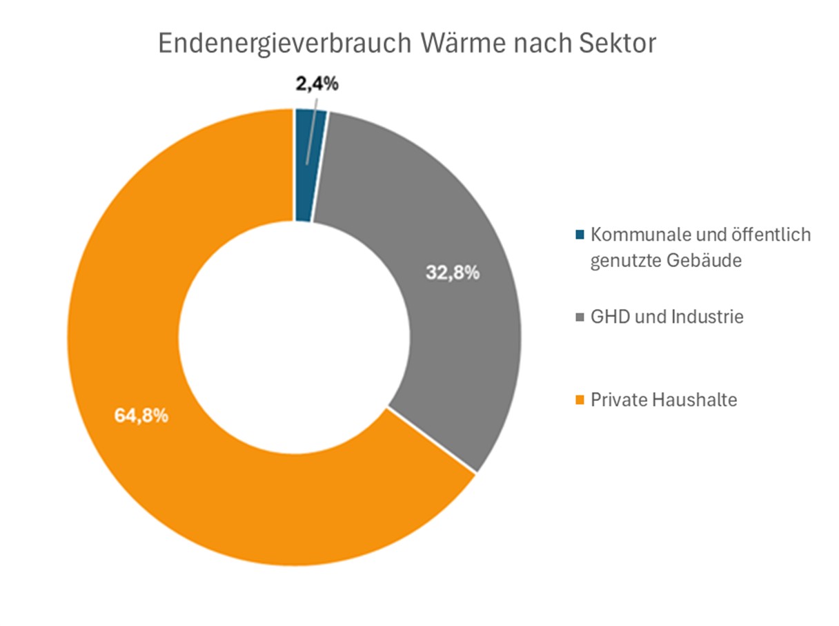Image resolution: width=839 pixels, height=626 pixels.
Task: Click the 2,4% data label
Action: point(317,85)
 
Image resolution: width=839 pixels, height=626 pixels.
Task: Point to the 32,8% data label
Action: point(452,273)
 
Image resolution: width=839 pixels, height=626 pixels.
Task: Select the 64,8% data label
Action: point(141,417)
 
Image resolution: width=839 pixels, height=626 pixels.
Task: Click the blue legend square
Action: point(579,235)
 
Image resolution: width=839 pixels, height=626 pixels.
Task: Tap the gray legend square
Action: point(579,317)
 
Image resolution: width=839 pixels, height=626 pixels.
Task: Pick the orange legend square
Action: point(579,400)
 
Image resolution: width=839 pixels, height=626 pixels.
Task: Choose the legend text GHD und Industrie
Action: point(667,317)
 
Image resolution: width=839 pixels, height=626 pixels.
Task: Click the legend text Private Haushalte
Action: point(664,400)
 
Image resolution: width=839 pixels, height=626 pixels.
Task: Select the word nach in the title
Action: point(535,43)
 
